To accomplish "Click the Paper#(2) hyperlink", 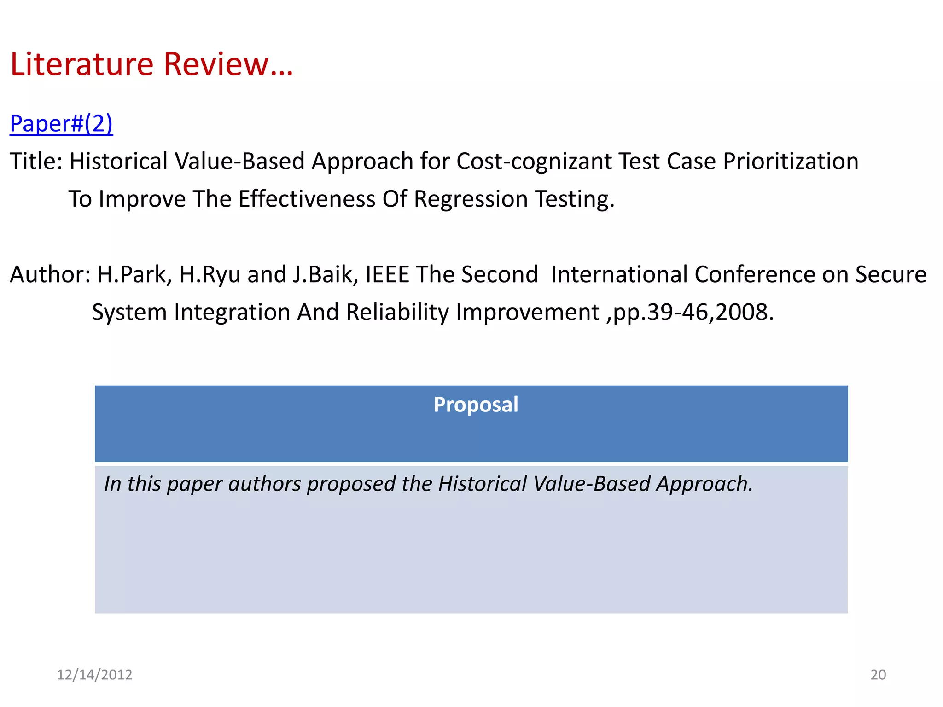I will tap(61, 123).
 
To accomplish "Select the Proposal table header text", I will tap(476, 405).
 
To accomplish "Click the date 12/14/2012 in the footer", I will tap(94, 674).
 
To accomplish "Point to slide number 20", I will tap(878, 674).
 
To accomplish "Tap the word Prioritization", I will tap(790, 162).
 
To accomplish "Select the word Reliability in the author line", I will tap(397, 313).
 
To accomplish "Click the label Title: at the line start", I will tap(36, 162).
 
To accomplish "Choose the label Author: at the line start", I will tap(50, 275).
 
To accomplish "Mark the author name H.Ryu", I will tap(210, 275).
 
